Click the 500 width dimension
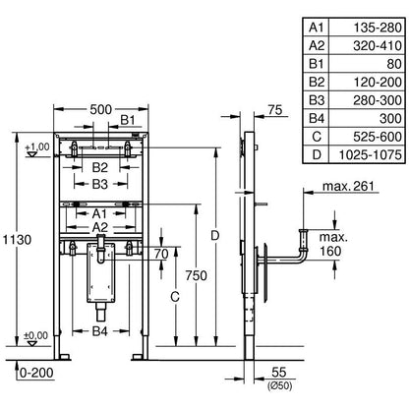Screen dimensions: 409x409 (x=101, y=109)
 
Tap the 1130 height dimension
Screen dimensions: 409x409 (x=18, y=240)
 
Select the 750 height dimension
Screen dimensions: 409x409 (x=197, y=275)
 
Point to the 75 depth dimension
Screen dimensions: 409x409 (x=275, y=110)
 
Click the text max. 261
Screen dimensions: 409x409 (x=348, y=186)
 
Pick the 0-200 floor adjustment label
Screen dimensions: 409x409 (x=36, y=373)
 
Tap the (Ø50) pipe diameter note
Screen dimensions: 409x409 (x=279, y=385)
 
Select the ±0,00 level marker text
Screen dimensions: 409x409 (x=35, y=335)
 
